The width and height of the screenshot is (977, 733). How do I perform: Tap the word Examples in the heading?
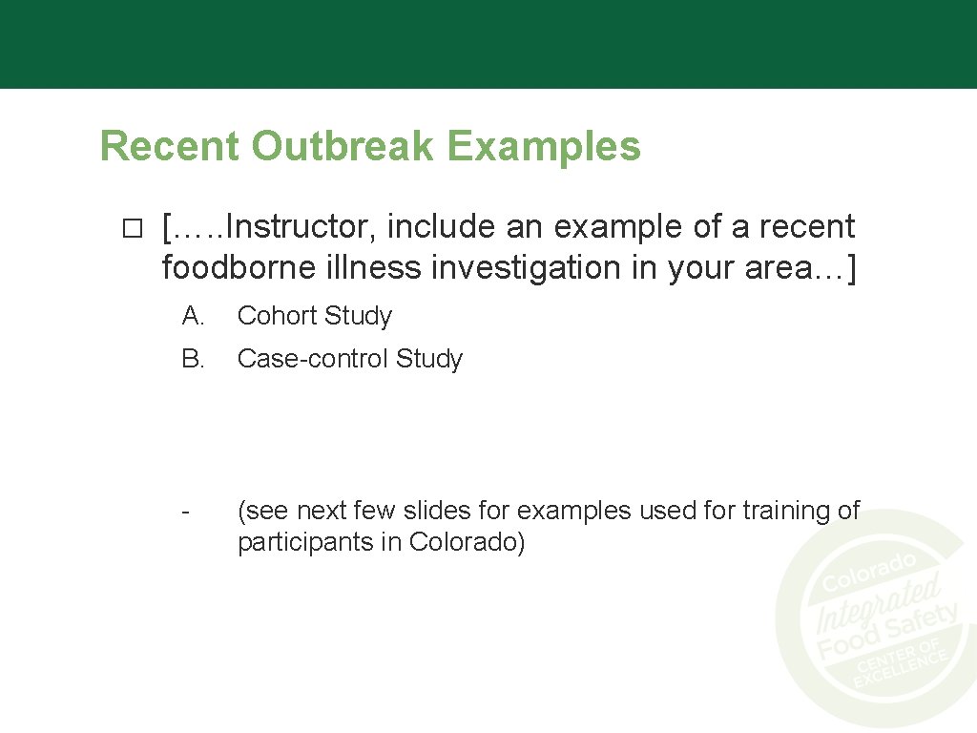pos(543,147)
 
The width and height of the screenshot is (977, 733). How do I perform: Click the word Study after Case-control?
pos(429,359)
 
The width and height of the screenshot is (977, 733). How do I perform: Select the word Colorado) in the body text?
pos(468,542)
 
